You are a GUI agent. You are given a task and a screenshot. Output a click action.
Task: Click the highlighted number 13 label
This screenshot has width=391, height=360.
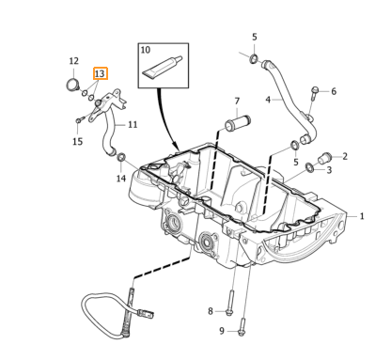(x=101, y=73)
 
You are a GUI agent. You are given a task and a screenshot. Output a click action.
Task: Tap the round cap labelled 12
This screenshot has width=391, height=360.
(x=73, y=85)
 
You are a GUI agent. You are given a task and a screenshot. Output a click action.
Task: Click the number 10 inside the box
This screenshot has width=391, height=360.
(x=146, y=50)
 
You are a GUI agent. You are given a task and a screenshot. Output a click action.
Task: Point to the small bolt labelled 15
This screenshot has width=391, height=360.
(x=80, y=119)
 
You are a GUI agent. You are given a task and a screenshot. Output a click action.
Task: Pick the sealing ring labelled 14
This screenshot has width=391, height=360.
(x=121, y=157)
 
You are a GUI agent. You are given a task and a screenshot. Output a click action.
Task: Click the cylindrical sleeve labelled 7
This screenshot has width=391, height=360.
(x=238, y=124)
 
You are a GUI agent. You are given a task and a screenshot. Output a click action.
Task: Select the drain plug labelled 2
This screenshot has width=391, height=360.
(x=324, y=158)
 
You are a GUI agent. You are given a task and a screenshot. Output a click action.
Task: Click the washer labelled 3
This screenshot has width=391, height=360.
(x=309, y=167)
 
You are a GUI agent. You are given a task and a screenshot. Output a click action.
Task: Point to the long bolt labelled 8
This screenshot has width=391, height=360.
(x=230, y=303)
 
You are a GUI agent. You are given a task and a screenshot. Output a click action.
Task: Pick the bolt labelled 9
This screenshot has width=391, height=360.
(x=242, y=327)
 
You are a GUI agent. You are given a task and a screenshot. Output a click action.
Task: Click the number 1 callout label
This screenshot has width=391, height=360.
(x=362, y=216)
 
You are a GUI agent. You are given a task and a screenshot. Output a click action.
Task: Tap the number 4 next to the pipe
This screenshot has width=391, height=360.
(x=268, y=100)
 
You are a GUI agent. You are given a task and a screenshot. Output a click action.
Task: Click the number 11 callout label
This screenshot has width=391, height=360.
(x=133, y=124)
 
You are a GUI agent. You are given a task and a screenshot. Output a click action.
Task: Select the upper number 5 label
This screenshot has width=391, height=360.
(x=255, y=37)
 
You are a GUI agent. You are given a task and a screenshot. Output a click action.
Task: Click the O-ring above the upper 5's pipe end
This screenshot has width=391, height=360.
(x=254, y=58)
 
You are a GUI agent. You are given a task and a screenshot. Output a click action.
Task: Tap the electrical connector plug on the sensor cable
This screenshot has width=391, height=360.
(x=147, y=312)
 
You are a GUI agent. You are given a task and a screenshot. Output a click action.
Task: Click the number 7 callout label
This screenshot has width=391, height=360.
(x=237, y=101)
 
